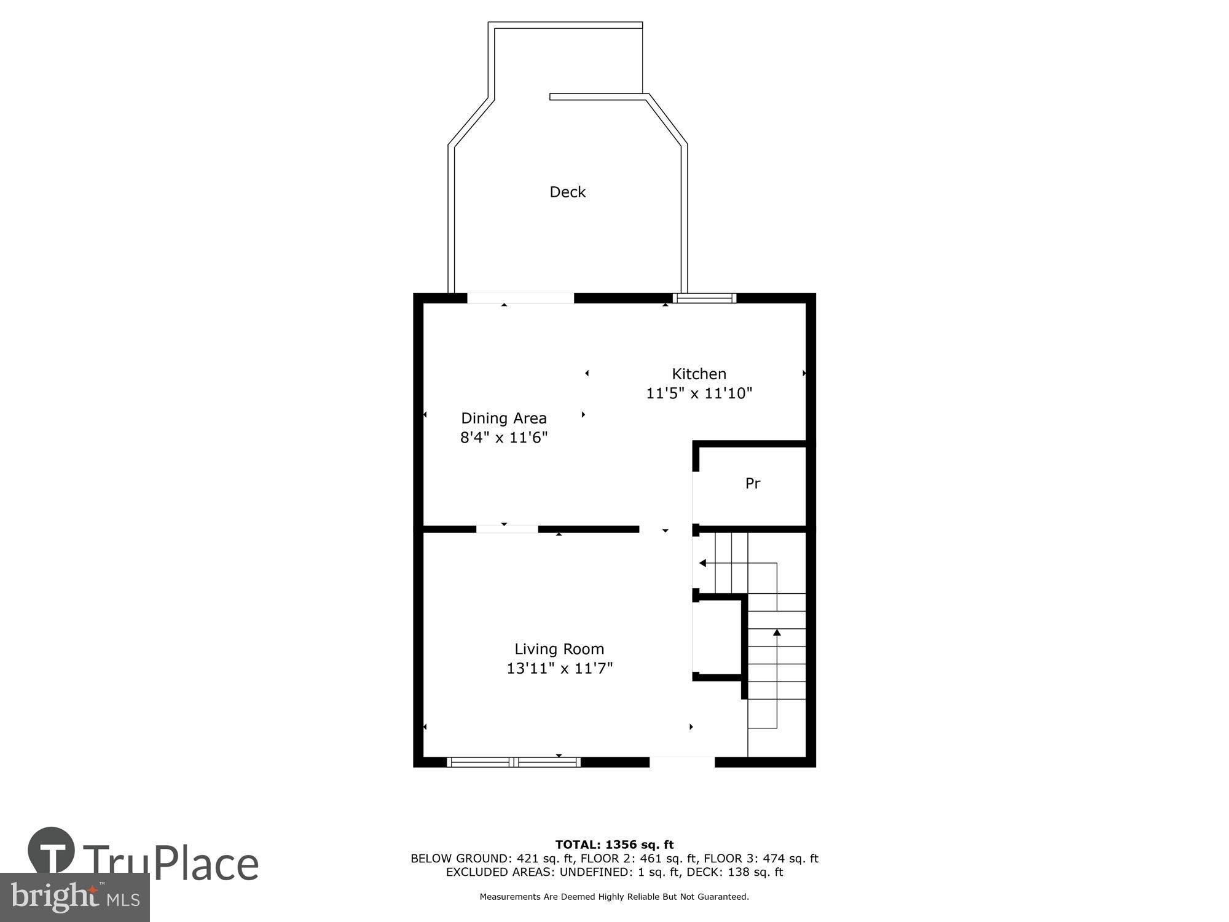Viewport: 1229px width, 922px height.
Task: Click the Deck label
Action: click(x=567, y=192)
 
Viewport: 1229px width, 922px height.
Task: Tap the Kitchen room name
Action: click(x=699, y=374)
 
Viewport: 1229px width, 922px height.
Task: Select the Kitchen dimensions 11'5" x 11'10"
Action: click(x=699, y=393)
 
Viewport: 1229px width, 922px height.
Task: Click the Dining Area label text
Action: click(x=503, y=418)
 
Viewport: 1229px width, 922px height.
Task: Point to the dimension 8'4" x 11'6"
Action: click(x=503, y=438)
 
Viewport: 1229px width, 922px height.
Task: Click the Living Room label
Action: click(x=559, y=648)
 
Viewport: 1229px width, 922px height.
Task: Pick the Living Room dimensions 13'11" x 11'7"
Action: click(x=559, y=668)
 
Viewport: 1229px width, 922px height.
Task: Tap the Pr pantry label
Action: click(x=752, y=483)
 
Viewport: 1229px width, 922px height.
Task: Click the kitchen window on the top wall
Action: click(x=704, y=298)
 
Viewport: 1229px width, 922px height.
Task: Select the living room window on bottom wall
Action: click(x=513, y=762)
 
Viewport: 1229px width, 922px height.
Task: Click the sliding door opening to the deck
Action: click(x=520, y=298)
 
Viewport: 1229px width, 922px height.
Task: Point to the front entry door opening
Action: click(x=681, y=762)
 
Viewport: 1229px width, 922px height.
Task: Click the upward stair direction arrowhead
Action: click(x=777, y=632)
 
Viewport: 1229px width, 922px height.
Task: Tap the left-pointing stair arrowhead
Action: click(x=702, y=563)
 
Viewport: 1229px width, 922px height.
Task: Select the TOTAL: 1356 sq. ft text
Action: click(x=614, y=845)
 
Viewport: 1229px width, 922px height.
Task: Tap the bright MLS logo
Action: click(x=74, y=897)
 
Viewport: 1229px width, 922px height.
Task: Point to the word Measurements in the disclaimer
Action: click(x=509, y=897)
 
